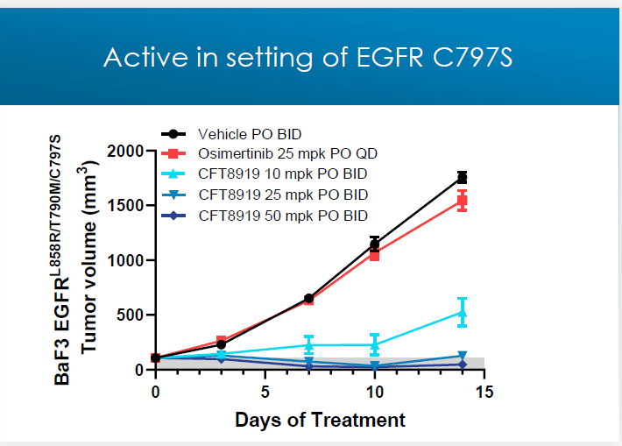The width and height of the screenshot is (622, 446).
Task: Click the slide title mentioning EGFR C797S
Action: [x=307, y=57]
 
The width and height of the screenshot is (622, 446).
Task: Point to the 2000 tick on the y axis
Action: [x=126, y=151]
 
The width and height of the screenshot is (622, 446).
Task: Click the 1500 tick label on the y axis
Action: [x=126, y=206]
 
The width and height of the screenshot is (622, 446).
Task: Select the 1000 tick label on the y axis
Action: [x=126, y=260]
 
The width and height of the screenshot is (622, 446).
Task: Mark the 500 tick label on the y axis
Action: [x=131, y=315]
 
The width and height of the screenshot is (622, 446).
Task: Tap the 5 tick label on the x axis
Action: [x=265, y=391]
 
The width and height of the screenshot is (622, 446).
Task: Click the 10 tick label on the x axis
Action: [x=374, y=391]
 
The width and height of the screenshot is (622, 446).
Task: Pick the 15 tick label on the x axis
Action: [x=484, y=391]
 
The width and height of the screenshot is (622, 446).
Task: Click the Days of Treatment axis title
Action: [x=320, y=420]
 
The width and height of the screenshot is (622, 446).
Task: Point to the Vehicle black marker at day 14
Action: [x=462, y=178]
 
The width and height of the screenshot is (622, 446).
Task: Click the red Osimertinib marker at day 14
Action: [x=462, y=201]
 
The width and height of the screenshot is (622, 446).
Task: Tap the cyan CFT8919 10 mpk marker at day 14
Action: [x=462, y=312]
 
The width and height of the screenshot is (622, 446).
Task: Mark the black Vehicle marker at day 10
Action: [x=375, y=244]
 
